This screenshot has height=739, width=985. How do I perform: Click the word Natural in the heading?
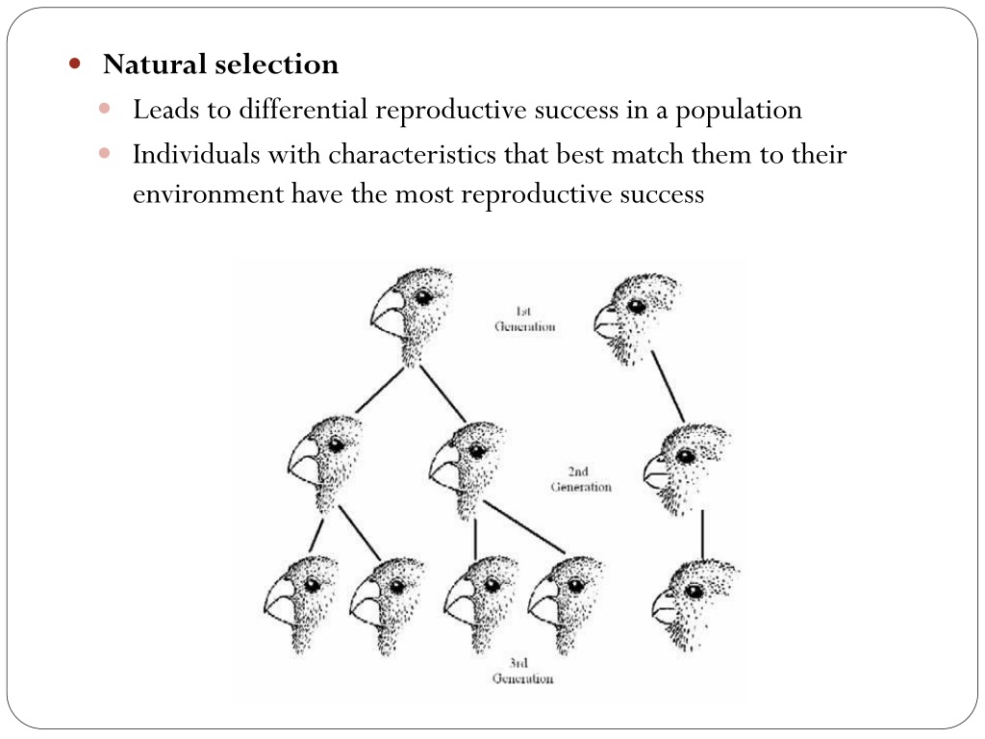click(x=155, y=64)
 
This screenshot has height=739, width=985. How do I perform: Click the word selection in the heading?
click(x=276, y=64)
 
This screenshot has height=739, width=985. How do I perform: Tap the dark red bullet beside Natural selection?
click(x=75, y=63)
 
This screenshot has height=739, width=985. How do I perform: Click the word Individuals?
click(x=196, y=154)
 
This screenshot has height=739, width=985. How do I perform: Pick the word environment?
click(x=208, y=194)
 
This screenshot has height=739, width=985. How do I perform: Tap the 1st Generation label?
click(x=525, y=319)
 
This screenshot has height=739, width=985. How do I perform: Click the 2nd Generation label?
click(x=581, y=479)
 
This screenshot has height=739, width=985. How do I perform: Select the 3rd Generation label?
click(x=522, y=671)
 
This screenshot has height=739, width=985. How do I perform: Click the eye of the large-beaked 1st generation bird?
click(x=424, y=296)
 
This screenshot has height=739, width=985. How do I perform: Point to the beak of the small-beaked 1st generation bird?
click(x=607, y=321)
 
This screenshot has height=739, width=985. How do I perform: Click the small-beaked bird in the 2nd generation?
click(x=686, y=469)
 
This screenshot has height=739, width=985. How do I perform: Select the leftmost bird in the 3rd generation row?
click(x=300, y=604)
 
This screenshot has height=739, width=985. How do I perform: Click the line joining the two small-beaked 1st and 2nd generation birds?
click(x=668, y=387)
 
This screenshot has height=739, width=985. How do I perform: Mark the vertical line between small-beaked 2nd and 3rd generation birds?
click(x=702, y=534)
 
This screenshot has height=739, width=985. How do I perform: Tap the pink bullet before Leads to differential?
click(x=104, y=109)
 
